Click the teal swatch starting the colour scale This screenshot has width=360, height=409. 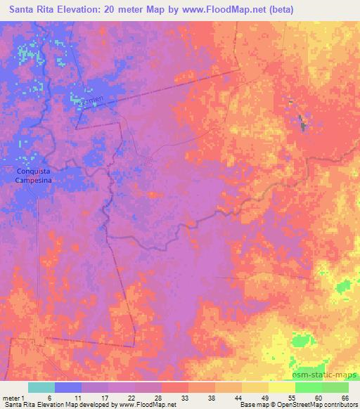41,387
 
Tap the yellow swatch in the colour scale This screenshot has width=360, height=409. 281,387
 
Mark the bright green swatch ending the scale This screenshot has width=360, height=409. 335,387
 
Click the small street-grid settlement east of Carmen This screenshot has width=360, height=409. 148,162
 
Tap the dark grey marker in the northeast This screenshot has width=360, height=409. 304,125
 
